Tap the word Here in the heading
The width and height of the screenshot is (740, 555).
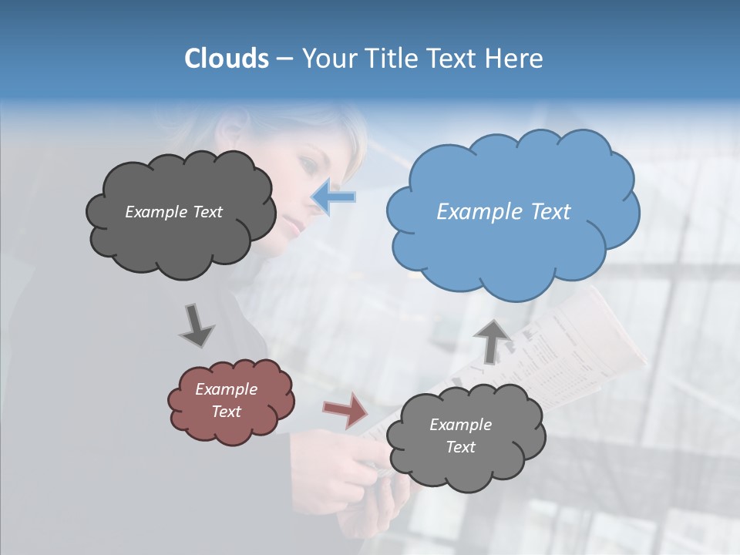point(514,59)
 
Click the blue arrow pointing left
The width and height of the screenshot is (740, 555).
point(334,197)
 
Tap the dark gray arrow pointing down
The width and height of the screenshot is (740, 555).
point(196,325)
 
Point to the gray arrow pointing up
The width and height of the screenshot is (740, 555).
point(493,340)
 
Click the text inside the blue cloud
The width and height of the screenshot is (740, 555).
point(503,212)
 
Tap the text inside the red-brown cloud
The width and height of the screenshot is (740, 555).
point(227,400)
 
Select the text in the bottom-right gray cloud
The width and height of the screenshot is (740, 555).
point(460,436)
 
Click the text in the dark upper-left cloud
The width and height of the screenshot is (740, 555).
point(173,212)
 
